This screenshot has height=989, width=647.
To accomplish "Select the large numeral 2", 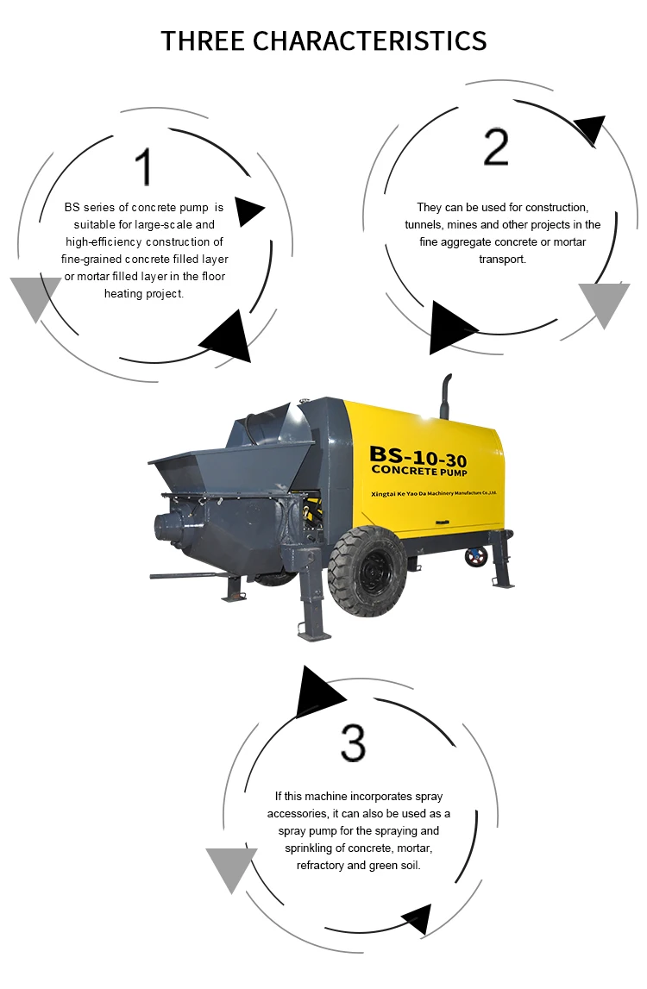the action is pos(496,147).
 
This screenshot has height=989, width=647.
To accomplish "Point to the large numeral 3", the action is pos(353,742).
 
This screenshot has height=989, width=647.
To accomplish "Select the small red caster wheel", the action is pos(476,556).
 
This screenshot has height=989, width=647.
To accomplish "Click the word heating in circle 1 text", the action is pos(121,294).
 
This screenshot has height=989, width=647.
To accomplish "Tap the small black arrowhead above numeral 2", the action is pos(591,128).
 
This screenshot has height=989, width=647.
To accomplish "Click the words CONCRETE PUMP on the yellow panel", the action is pos(418,471).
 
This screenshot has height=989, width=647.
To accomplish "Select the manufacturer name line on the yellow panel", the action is pos(434,492).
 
